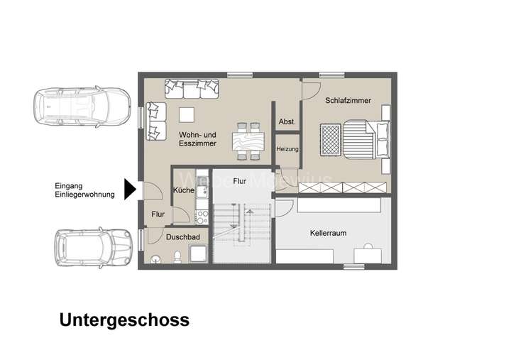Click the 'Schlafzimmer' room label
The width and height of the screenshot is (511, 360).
tap(348, 101)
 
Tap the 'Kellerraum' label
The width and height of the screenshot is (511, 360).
tap(328, 233)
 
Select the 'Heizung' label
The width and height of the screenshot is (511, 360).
tap(287, 150)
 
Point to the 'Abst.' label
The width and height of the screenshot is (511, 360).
tap(287, 121)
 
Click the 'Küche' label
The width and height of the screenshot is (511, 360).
tap(183, 191)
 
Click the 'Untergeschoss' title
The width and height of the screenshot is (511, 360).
tap(124, 320)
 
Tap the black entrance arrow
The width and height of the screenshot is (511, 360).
tap(129, 189)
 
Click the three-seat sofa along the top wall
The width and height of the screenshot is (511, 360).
tap(192, 89)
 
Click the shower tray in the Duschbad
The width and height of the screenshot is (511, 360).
tap(197, 253)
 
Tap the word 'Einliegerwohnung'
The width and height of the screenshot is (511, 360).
tap(84, 195)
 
